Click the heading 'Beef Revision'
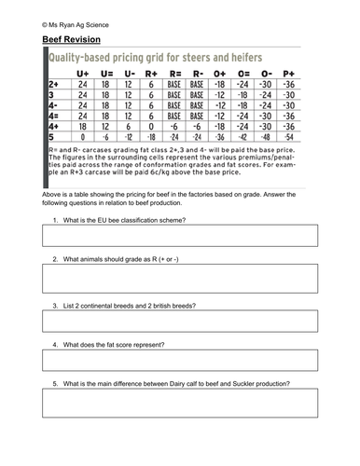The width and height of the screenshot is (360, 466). click(x=72, y=39)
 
